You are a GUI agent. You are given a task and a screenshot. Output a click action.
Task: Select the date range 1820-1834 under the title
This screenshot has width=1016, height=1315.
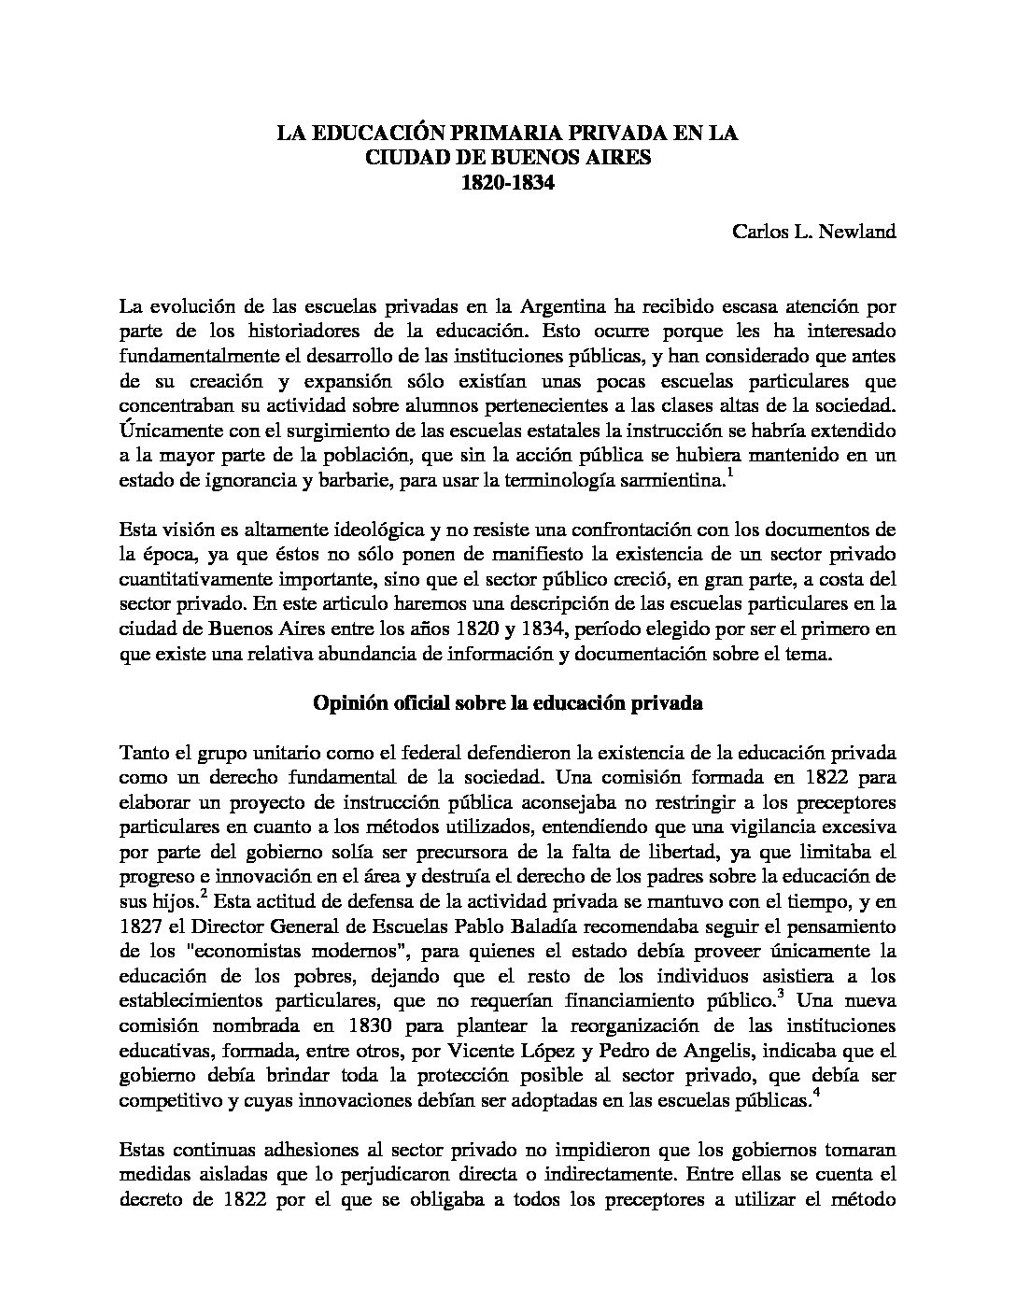pos(507,183)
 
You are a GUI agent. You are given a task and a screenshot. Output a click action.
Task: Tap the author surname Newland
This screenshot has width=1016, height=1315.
pos(856,232)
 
